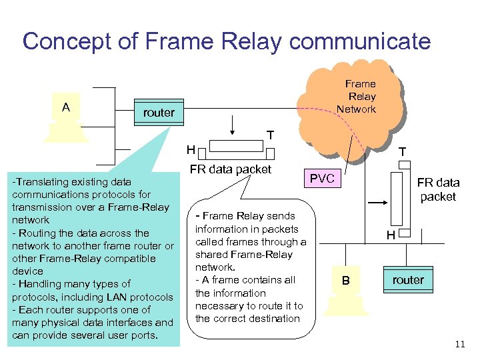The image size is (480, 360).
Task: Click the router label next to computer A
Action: pos(159,113)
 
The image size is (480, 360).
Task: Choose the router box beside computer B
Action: pos(408,280)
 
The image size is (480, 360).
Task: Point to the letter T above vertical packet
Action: pos(402,152)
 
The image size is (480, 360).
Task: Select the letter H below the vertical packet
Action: pos(392,235)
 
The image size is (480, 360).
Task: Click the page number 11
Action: pos(459,344)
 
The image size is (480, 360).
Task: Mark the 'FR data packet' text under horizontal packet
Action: pos(231,169)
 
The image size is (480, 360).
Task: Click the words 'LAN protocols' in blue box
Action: pos(140,297)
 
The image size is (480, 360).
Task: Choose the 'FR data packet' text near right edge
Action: pos(438,190)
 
